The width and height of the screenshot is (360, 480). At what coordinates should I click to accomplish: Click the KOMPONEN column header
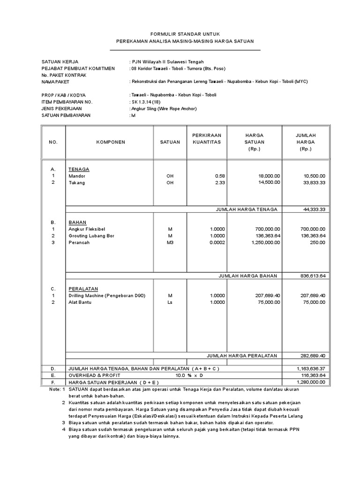(x=111, y=142)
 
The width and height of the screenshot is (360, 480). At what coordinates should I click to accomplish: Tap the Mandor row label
(x=77, y=176)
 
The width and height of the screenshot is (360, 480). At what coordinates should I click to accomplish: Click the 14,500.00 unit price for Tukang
(x=269, y=182)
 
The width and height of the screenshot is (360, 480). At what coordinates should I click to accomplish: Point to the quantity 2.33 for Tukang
(x=220, y=182)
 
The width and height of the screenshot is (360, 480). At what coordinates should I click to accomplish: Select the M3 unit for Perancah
(x=170, y=242)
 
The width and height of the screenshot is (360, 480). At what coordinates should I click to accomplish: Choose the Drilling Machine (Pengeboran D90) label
(x=107, y=296)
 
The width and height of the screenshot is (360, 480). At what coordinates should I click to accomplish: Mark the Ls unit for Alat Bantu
(x=170, y=302)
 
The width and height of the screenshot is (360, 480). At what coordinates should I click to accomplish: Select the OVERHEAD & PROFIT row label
(x=95, y=375)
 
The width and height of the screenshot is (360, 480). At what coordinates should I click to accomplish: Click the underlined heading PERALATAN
(x=83, y=289)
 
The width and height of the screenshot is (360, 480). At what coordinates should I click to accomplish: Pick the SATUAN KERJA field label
(x=60, y=61)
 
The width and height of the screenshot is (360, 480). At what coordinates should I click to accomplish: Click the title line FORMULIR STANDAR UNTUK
(x=185, y=34)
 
